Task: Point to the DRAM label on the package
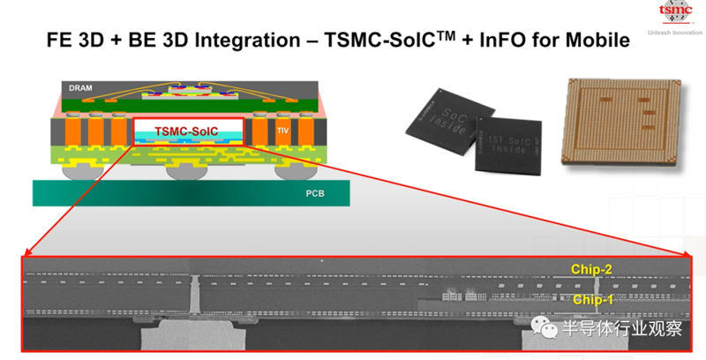[x=81, y=88]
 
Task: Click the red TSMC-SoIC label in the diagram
[x=188, y=131]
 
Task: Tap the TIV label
[x=282, y=129]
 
